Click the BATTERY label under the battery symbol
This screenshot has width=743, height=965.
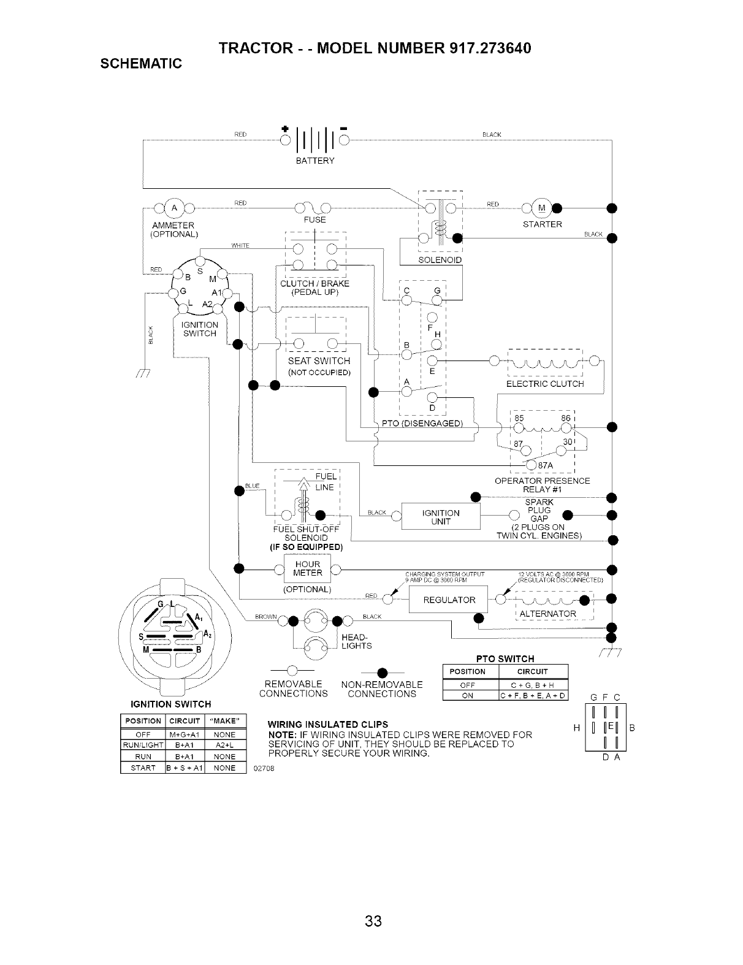click(315, 161)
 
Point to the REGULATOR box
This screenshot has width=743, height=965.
click(449, 600)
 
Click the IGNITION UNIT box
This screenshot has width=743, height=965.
click(441, 517)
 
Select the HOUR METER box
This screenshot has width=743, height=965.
click(307, 569)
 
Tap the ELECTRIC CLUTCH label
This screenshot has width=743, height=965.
click(544, 384)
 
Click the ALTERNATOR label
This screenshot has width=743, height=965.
click(547, 614)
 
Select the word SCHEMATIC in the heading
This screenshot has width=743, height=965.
click(141, 64)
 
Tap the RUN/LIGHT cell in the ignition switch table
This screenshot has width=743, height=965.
click(143, 746)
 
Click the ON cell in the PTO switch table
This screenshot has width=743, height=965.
click(467, 695)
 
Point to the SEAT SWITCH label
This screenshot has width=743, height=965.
click(319, 361)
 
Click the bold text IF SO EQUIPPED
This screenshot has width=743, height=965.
click(307, 547)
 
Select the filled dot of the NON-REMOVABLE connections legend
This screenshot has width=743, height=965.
click(381, 669)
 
